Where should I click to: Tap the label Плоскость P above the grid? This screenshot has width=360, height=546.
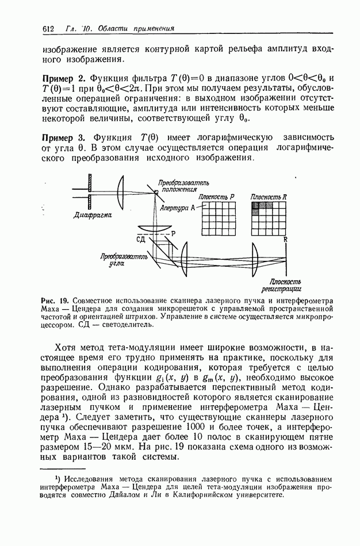pos(217,197)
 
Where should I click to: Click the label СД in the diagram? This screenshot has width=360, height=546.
pos(141,238)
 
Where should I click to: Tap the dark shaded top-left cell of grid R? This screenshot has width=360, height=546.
pos(257,205)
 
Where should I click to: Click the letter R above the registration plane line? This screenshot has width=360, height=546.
pos(286,238)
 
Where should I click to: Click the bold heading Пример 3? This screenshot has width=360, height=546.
pos(64,137)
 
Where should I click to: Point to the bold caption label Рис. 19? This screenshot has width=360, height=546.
pos(56,301)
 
